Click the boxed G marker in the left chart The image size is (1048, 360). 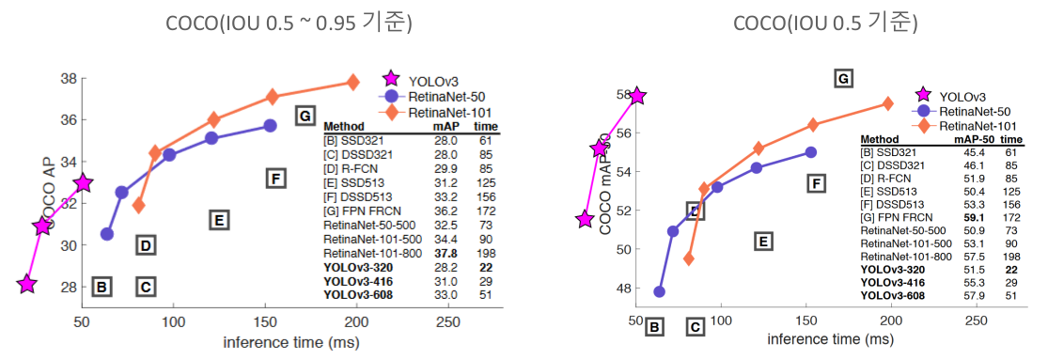[304, 116]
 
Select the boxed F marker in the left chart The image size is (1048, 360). [274, 179]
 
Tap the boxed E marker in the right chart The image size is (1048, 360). [763, 242]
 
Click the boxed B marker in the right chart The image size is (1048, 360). [655, 327]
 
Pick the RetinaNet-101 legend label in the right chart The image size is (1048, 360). [978, 126]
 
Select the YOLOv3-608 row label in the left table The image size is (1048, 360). [357, 294]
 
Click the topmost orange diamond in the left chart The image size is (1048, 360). [353, 83]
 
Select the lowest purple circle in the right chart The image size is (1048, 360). [660, 291]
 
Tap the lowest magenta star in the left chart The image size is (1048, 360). [27, 284]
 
